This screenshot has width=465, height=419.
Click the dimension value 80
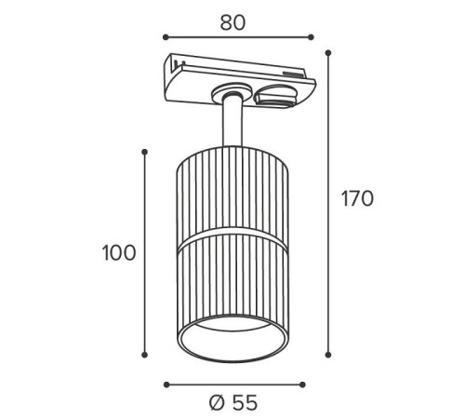click(x=232, y=22)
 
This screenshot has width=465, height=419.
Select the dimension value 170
click(x=357, y=198)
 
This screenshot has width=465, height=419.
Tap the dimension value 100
click(x=119, y=252)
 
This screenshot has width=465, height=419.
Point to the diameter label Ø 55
click(x=233, y=403)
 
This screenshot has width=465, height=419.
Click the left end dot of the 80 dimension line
click(x=166, y=37)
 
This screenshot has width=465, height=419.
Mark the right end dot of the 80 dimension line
click(x=311, y=37)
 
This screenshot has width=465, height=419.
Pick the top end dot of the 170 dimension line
click(x=328, y=53)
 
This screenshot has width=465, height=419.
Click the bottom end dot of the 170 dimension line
click(x=328, y=355)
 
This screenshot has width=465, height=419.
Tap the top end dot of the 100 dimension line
click(x=144, y=152)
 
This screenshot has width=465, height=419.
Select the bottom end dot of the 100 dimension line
click(x=144, y=355)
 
